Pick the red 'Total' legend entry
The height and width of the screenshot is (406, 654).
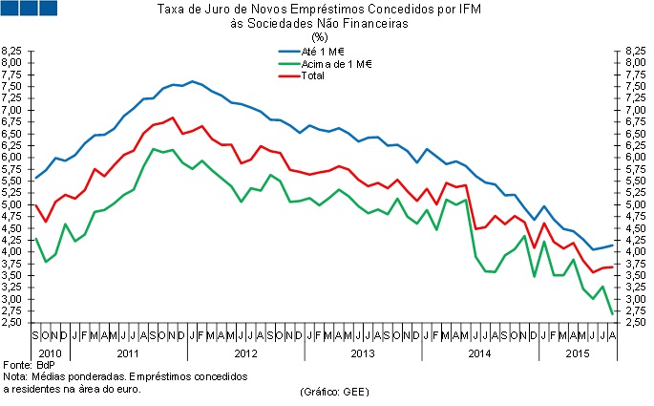pos(314,75)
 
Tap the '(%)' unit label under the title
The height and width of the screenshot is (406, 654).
pos(320,37)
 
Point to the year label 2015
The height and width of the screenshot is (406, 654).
pos(579,353)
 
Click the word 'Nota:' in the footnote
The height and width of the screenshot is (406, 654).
pos(15,376)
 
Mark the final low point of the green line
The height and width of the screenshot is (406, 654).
pos(611,313)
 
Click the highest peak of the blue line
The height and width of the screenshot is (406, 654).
pos(193,81)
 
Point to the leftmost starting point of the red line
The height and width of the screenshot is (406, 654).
pos(36,204)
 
